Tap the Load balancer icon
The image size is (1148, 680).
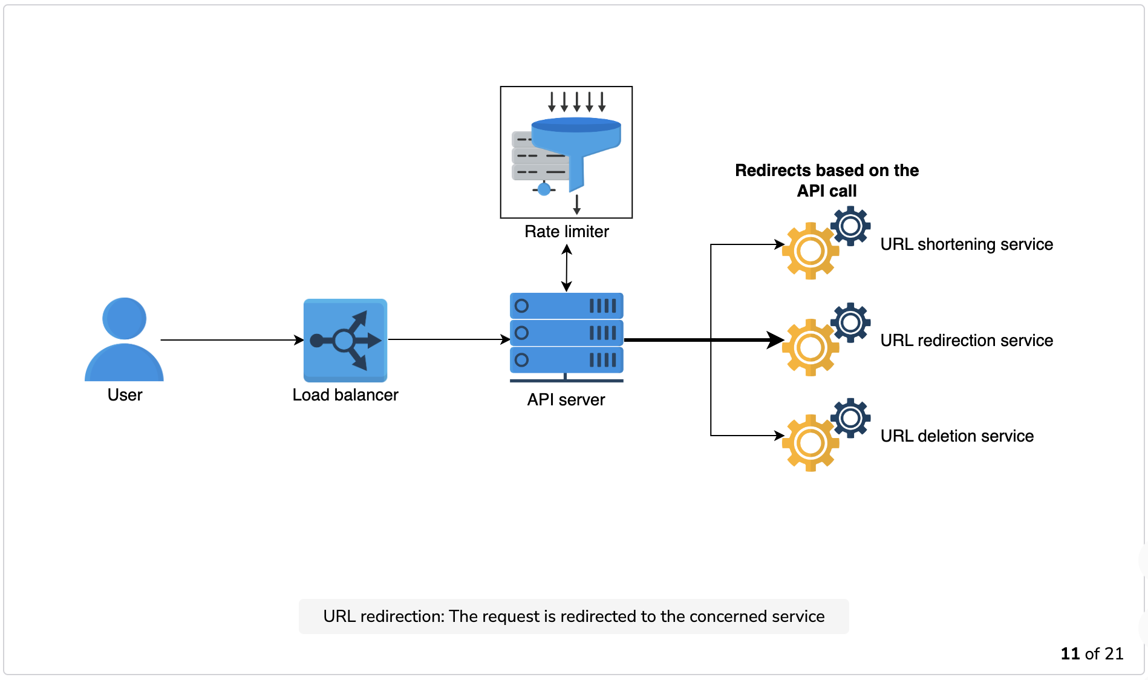click(345, 340)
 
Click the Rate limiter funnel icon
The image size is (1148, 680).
click(566, 152)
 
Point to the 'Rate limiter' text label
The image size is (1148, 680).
click(567, 232)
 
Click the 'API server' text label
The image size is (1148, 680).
click(566, 400)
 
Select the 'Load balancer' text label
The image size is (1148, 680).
click(345, 395)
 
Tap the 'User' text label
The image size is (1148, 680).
click(125, 395)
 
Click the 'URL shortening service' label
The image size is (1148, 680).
click(967, 244)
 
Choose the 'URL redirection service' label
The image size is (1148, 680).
click(967, 341)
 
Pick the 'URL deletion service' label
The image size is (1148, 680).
click(957, 436)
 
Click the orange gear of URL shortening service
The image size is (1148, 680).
click(810, 251)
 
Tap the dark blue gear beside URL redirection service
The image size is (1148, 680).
click(850, 322)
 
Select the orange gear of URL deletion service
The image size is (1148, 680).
click(810, 443)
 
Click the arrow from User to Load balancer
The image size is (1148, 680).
click(232, 340)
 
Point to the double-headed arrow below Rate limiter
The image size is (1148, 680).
click(567, 267)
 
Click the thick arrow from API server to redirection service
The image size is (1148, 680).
click(704, 340)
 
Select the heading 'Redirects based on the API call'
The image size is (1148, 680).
click(827, 180)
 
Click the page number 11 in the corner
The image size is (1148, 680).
click(1070, 654)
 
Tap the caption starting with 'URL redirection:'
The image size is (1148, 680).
click(574, 616)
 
